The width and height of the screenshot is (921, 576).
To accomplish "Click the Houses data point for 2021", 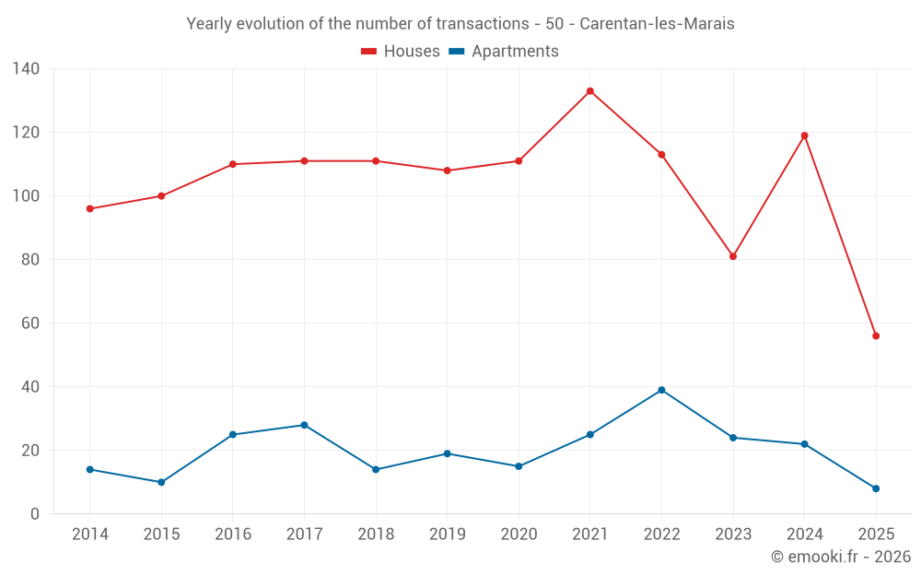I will click(590, 91).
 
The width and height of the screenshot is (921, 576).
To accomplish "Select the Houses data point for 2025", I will click(876, 336).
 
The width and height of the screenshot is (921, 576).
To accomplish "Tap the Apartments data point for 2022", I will click(661, 390).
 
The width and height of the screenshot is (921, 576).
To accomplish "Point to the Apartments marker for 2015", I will click(161, 482).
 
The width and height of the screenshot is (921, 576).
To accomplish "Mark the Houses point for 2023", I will click(733, 256).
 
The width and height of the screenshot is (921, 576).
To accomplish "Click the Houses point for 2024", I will click(804, 135).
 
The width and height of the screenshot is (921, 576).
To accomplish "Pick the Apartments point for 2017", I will click(304, 425).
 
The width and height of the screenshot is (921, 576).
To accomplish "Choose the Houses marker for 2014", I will click(90, 208).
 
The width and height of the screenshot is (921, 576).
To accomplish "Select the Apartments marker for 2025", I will click(876, 488).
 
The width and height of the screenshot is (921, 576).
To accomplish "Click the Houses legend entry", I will click(401, 52).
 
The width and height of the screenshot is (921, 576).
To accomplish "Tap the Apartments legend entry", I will click(504, 52).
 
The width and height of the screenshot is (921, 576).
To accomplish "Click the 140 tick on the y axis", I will click(26, 69).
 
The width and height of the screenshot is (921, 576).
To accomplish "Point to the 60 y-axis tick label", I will click(30, 323).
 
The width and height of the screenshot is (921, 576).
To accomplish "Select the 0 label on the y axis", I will click(35, 514).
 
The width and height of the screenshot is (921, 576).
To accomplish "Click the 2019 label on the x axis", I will click(447, 535).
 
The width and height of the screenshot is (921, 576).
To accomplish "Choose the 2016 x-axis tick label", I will click(233, 535).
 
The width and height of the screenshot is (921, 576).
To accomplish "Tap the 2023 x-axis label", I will click(733, 535).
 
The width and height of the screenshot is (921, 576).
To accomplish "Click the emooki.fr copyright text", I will click(840, 557).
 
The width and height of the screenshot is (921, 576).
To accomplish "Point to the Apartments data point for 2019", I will click(447, 453).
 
